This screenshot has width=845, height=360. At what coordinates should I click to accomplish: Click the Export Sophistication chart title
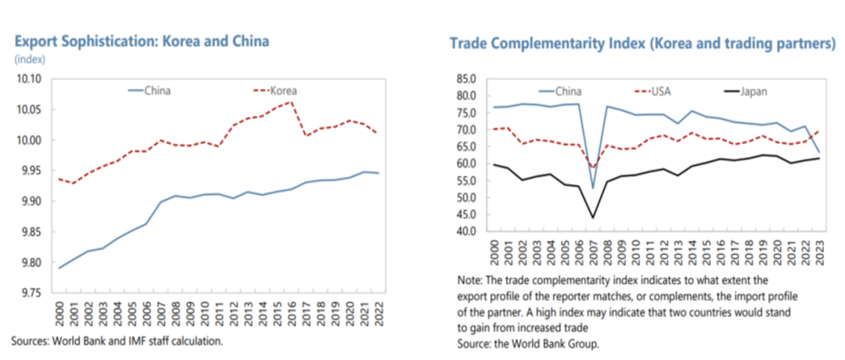coord(141,41)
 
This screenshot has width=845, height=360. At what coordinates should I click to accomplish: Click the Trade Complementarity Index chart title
coord(642,43)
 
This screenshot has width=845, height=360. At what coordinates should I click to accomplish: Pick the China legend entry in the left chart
coord(156,90)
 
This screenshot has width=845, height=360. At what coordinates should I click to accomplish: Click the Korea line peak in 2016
coord(291,102)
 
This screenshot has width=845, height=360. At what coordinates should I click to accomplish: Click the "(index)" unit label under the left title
coord(29,59)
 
